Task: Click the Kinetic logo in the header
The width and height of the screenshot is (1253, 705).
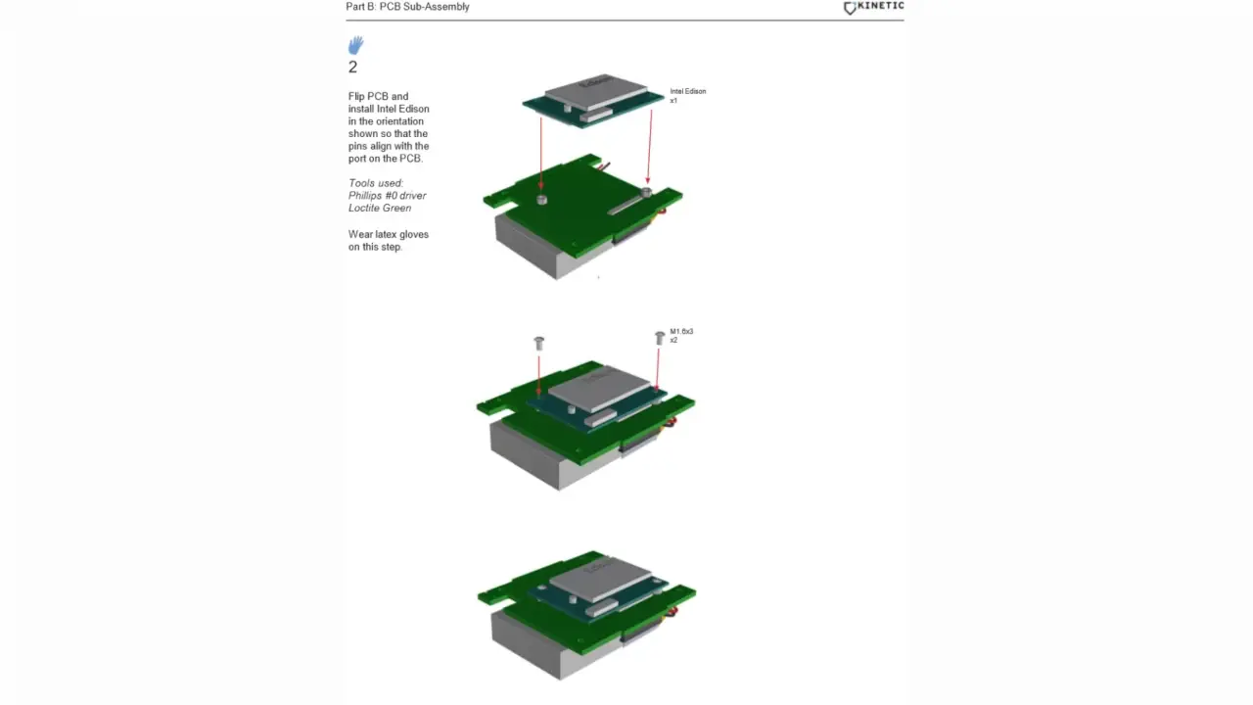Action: (x=873, y=7)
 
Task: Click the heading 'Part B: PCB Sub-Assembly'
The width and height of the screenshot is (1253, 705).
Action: (x=407, y=7)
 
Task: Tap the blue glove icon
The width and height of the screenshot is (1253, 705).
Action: (x=355, y=45)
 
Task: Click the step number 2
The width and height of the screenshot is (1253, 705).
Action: (x=352, y=68)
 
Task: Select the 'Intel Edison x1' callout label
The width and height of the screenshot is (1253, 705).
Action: (x=687, y=95)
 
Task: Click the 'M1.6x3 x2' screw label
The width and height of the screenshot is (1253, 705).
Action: (x=681, y=335)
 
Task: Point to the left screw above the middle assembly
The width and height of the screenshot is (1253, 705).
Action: (x=538, y=343)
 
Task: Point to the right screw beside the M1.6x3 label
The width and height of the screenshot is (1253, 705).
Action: (x=659, y=338)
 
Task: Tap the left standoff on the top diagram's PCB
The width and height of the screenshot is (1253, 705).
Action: (x=541, y=200)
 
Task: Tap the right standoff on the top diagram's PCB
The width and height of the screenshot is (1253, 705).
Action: (x=645, y=191)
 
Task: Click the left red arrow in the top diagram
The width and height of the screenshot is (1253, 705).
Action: (x=540, y=152)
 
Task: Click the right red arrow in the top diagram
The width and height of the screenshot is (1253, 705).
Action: (x=649, y=147)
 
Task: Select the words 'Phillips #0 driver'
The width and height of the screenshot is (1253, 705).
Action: (x=387, y=196)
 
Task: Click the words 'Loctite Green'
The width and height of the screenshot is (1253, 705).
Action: (x=379, y=208)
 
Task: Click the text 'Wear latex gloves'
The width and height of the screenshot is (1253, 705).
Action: (x=388, y=234)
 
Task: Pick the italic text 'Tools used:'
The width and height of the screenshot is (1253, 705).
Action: (x=375, y=183)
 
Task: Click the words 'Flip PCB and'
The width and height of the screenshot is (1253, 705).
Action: (x=378, y=96)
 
